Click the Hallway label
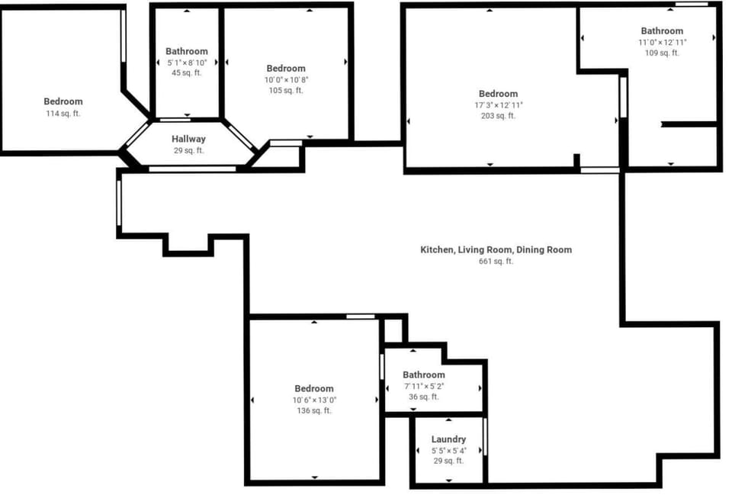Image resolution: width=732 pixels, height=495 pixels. (x=188, y=139)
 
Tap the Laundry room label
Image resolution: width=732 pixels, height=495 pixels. (x=448, y=439)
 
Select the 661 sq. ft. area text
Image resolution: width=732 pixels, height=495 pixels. (x=496, y=261)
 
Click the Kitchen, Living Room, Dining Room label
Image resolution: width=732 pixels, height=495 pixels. (x=496, y=250)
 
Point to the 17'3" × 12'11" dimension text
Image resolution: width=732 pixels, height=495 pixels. (x=499, y=105)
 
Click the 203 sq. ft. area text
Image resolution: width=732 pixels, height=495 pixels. (x=499, y=116)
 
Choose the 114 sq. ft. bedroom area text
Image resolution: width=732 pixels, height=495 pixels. (x=63, y=113)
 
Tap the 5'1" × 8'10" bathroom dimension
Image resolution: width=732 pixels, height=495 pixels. (x=187, y=62)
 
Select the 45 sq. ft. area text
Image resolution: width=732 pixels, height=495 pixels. (x=187, y=73)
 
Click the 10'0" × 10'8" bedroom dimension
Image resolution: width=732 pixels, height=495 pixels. (x=286, y=80)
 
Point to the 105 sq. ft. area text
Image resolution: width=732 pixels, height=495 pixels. (x=286, y=91)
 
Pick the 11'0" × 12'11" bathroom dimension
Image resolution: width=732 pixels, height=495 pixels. (x=663, y=42)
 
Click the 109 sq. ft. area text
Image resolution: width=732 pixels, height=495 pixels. (x=663, y=53)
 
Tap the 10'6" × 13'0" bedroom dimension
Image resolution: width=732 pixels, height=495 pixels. (x=314, y=400)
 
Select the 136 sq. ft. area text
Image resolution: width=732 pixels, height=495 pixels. (x=314, y=410)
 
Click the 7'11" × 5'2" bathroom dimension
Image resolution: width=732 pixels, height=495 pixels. (x=424, y=386)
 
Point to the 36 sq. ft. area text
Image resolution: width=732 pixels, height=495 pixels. (x=424, y=397)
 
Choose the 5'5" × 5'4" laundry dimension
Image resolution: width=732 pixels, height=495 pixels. (x=448, y=451)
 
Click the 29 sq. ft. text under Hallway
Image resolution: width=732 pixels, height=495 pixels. (x=188, y=150)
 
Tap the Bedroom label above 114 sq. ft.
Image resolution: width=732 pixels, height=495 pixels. (x=63, y=101)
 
